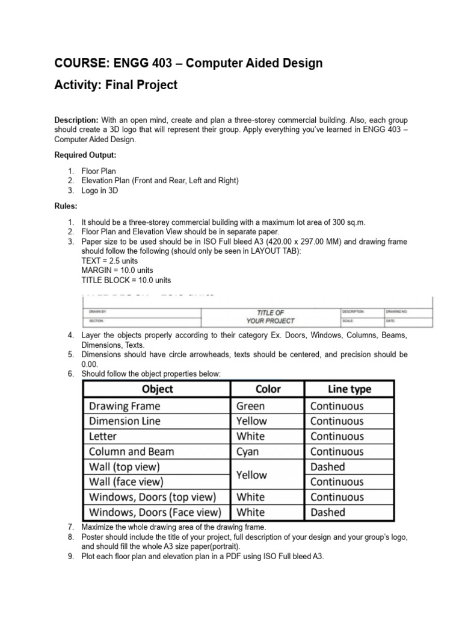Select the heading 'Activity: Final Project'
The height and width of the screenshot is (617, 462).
116,85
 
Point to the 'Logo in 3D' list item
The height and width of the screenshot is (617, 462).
100,190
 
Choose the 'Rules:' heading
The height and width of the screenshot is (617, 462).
66,206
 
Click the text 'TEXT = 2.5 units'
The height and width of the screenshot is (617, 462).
109,260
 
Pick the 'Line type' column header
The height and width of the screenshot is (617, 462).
350,389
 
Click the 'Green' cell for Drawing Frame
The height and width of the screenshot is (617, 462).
250,406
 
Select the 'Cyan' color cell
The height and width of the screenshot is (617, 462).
248,451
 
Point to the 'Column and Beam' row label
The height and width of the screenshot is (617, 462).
132,451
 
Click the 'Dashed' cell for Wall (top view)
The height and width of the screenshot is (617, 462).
328,467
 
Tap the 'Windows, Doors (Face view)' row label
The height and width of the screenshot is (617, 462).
155,512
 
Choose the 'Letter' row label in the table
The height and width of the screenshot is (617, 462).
103,436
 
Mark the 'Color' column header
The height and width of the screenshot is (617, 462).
268,389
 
